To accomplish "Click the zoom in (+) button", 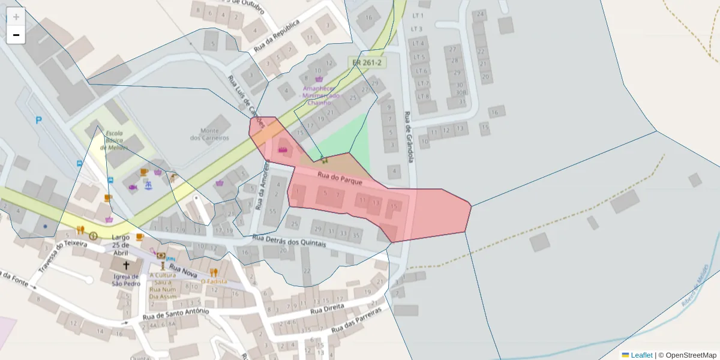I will pos(16,17).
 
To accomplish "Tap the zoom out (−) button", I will pos(16,35).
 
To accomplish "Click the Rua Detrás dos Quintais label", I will pos(289,241).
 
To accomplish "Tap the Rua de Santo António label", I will pos(176,314).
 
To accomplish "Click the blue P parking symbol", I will pos(39,120).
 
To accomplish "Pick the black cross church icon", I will pos(126,265).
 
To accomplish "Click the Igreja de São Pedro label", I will pos(126,280).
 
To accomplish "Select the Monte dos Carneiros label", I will pos(209,134).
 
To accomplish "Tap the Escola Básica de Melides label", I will pos(114,140).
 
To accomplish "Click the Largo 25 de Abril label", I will pos(121,245).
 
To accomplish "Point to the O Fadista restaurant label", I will pos(214,281).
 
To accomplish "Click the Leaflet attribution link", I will pos(641,355).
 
